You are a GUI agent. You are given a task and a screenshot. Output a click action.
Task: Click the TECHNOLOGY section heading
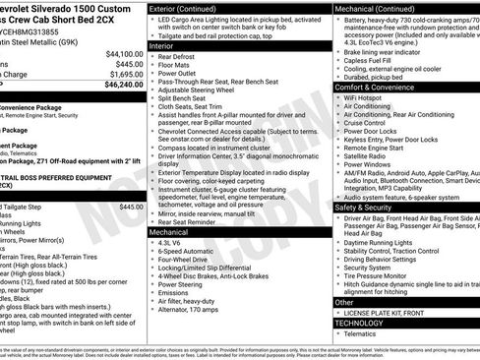coord(359,323)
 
